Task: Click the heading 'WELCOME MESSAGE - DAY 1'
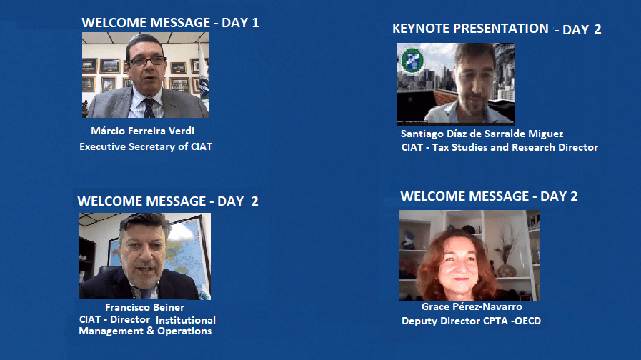pos(170,22)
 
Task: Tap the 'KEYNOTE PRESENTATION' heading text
pos(470,28)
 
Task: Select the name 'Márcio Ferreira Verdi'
pos(142,131)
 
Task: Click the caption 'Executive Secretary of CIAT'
pos(146,146)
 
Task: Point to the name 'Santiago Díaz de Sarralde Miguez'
pos(482,134)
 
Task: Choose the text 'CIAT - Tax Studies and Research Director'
pos(500,147)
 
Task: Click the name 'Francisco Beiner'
pos(145,307)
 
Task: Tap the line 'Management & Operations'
pos(145,331)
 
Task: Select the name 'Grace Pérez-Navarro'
pos(472,306)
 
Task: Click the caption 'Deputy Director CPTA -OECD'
pos(472,321)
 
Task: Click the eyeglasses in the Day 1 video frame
pos(147,61)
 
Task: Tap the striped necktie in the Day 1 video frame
pos(149,108)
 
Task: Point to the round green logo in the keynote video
pos(412,61)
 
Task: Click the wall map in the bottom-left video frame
pos(185,254)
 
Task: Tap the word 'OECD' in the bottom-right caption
pos(528,321)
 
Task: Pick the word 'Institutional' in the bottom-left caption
pos(186,320)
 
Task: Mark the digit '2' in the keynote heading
pos(597,29)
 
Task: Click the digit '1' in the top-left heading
pos(256,22)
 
